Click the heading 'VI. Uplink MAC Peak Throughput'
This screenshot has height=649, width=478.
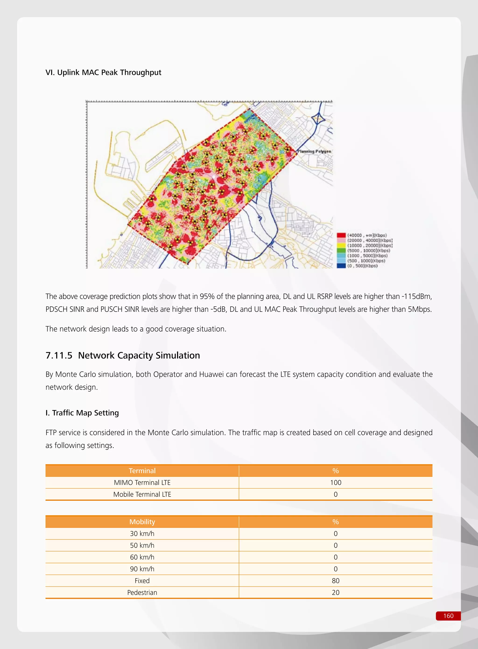[x=103, y=72]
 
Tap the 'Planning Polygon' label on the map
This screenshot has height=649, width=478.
[x=314, y=151]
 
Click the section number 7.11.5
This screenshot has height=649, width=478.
[x=59, y=355]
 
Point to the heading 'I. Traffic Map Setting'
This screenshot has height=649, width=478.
[x=82, y=413]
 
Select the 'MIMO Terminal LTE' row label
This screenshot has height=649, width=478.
[x=142, y=482]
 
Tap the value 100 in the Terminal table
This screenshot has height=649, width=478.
[x=336, y=482]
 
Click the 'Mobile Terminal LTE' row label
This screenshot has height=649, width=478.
[x=142, y=494]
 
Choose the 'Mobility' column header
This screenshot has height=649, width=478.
[x=142, y=522]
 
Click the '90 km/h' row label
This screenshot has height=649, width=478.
[x=142, y=569]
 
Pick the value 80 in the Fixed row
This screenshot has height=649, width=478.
[x=336, y=581]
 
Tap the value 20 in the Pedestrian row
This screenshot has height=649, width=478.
[x=336, y=592]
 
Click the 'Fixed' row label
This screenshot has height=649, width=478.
[x=142, y=581]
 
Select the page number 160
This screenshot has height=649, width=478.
[x=448, y=616]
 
